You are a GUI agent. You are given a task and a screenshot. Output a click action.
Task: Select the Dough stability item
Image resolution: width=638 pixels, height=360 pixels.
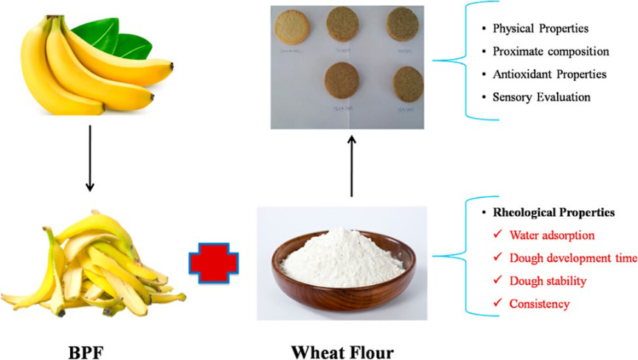click(547, 280)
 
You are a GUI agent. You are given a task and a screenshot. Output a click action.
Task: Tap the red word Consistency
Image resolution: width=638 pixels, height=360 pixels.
click(538, 303)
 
